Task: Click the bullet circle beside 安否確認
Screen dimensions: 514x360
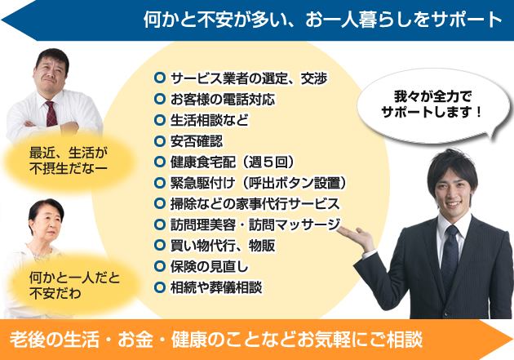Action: tap(160, 141)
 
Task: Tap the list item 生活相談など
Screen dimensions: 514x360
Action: tap(210, 120)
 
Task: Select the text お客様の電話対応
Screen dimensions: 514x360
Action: tap(223, 100)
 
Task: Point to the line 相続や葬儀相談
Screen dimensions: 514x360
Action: tap(216, 287)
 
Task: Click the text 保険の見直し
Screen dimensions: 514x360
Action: tap(210, 267)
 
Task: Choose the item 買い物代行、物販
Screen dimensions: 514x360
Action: tap(223, 246)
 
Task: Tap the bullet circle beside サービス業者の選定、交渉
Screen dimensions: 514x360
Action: tap(160, 78)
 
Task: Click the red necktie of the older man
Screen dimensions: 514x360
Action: tap(51, 113)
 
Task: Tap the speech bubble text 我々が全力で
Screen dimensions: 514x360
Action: tap(432, 96)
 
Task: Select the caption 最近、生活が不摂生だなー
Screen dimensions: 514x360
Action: tap(69, 161)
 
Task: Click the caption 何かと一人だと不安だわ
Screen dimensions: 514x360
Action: tap(74, 285)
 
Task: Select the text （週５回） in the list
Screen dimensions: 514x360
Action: tap(267, 162)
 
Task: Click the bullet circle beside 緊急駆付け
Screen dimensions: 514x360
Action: tap(160, 183)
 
